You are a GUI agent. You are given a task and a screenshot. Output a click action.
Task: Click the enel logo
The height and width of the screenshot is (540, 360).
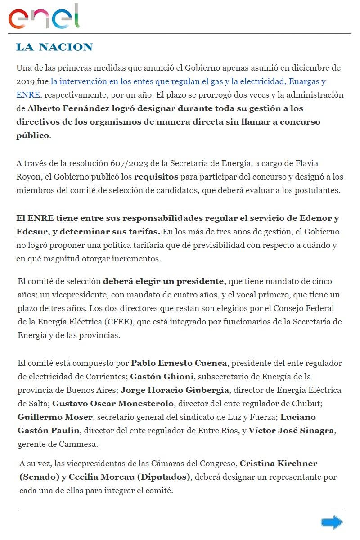click(x=44, y=17)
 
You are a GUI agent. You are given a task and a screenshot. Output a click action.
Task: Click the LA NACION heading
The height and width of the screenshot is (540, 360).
click(x=54, y=47)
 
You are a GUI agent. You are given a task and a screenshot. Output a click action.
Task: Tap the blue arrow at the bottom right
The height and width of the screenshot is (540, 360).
click(x=332, y=522)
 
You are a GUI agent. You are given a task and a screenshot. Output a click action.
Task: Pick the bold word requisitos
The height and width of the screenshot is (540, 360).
click(x=156, y=176)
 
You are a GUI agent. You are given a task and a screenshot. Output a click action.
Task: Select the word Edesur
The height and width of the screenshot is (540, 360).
click(x=31, y=232)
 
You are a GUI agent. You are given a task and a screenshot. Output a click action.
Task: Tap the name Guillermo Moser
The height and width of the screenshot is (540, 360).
click(x=55, y=417)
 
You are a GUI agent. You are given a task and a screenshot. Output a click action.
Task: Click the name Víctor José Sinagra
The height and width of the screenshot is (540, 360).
click(x=292, y=430)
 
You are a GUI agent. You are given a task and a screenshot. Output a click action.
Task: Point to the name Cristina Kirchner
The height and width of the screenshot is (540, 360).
click(x=279, y=463)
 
